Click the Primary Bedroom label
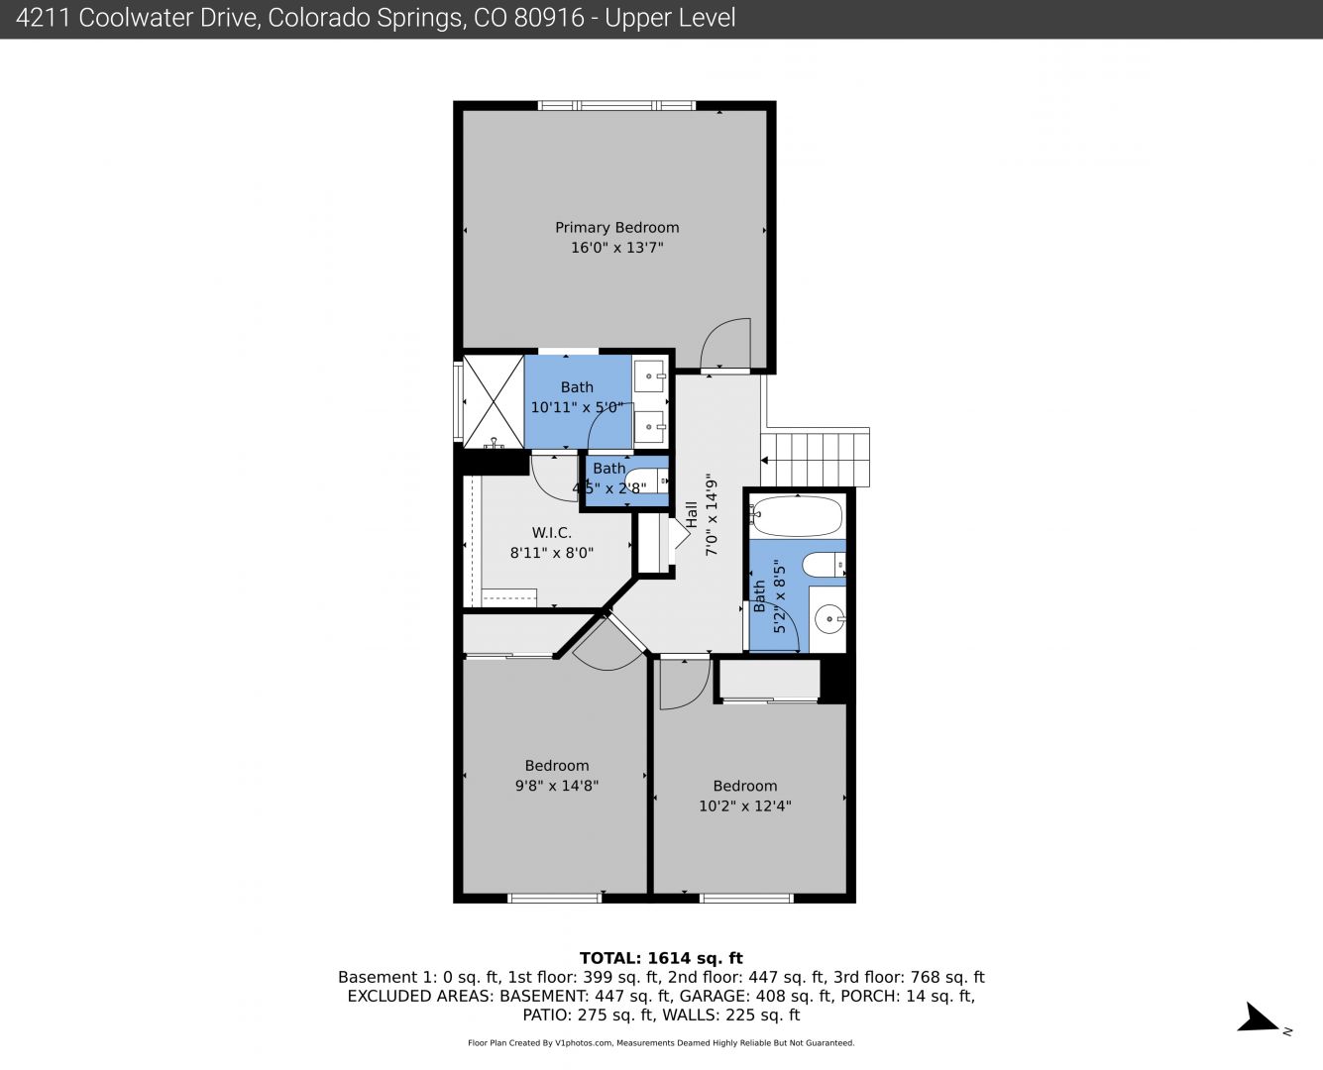[x=616, y=227]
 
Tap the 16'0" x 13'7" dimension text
[x=616, y=247]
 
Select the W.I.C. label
[x=552, y=532]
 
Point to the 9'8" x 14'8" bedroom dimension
[x=557, y=786]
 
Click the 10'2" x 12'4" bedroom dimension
[x=744, y=805]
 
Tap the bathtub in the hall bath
[x=797, y=516]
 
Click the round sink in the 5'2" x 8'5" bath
[x=829, y=618]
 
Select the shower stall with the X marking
[x=494, y=401]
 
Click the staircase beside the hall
[x=815, y=460]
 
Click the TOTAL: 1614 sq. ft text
[x=661, y=958]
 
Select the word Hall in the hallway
[x=692, y=515]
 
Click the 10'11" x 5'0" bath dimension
[x=577, y=407]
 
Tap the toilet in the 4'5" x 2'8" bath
[x=646, y=481]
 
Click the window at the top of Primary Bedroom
[x=616, y=106]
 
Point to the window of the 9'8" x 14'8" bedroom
[x=555, y=898]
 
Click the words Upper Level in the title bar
[x=670, y=18]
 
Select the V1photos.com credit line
[x=661, y=1042]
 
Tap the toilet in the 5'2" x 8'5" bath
[x=824, y=565]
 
